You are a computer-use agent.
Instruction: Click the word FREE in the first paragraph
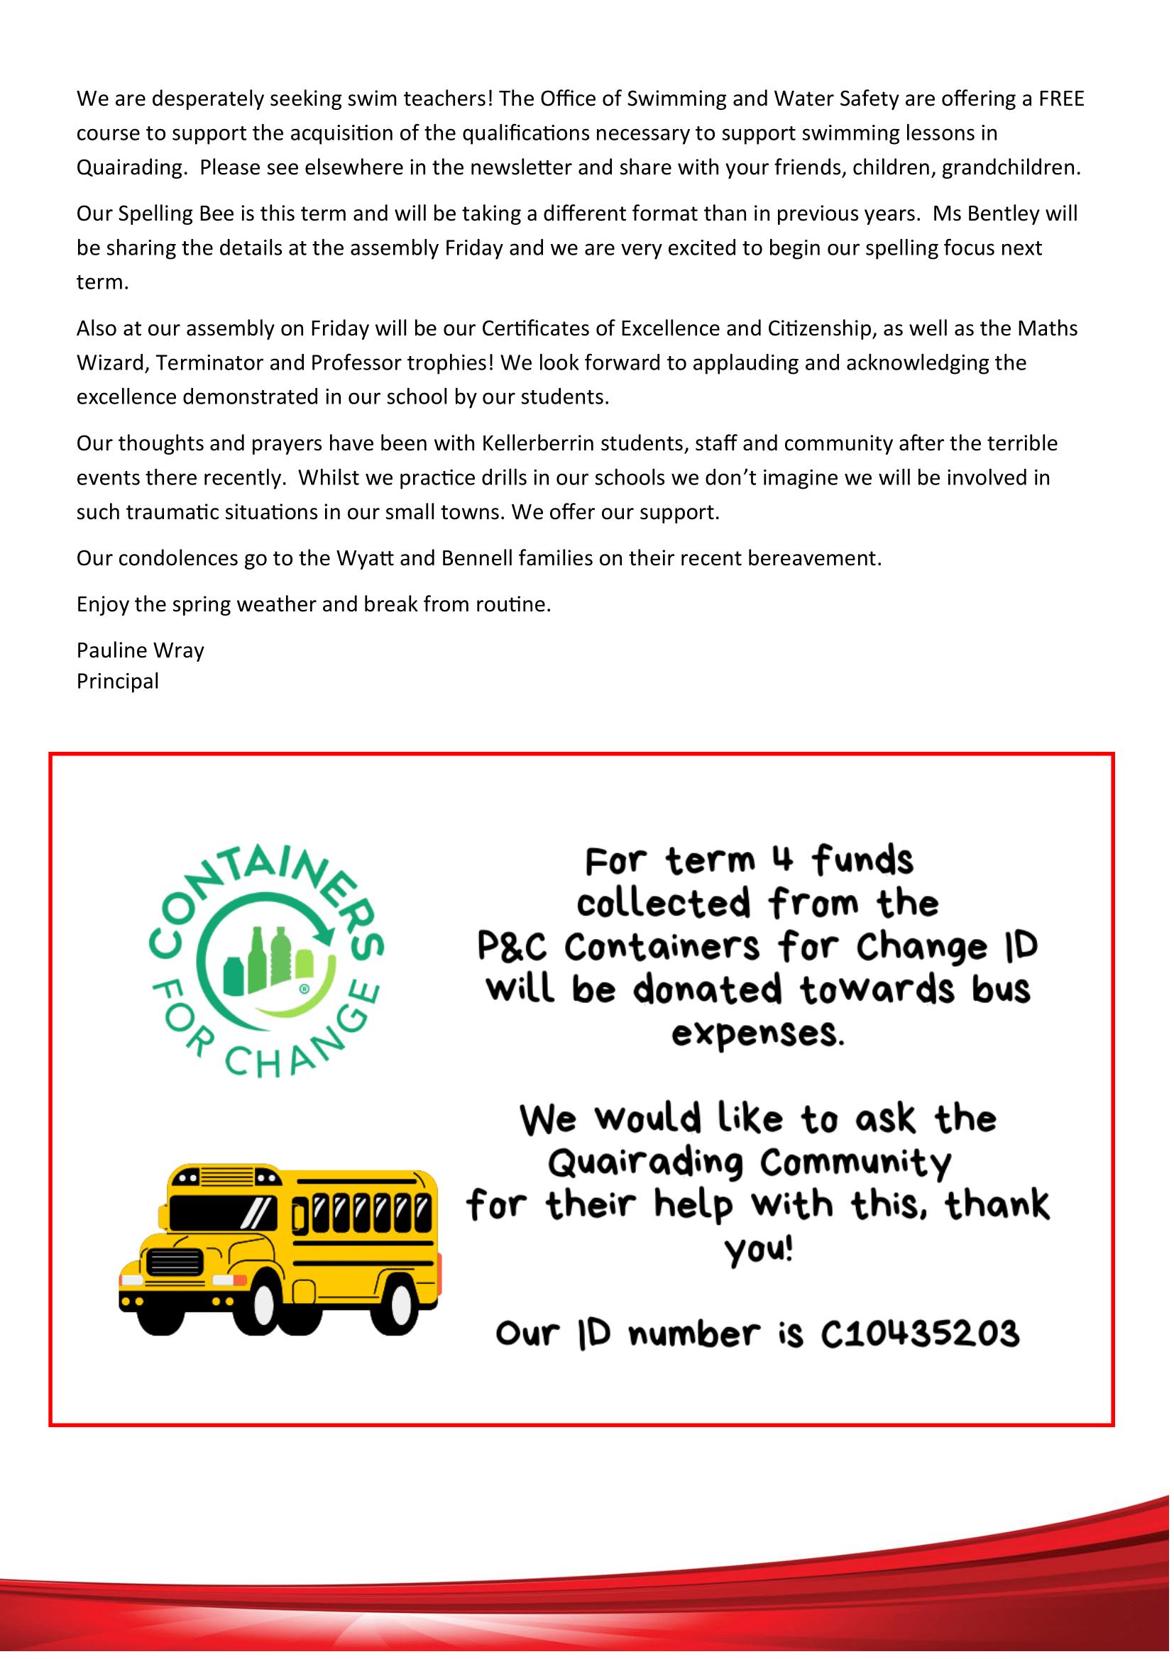pyautogui.click(x=1061, y=99)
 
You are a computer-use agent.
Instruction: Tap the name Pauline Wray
pyautogui.click(x=141, y=650)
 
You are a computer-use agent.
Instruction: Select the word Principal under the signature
pyautogui.click(x=117, y=682)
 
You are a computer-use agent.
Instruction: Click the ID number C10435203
pyautogui.click(x=919, y=1334)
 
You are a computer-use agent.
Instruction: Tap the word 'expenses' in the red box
pyautogui.click(x=757, y=1035)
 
